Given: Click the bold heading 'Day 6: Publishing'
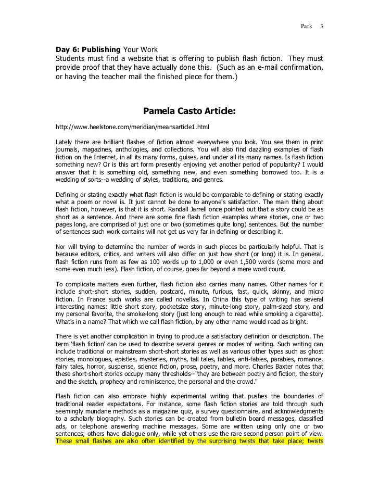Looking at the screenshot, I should [x=88, y=49].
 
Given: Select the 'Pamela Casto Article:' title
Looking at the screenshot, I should [x=189, y=110].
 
